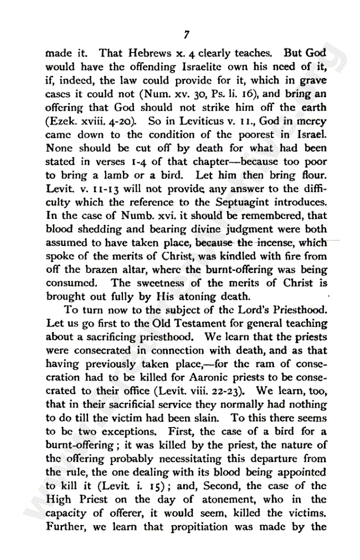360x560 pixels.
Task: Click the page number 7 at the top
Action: point(187,35)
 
